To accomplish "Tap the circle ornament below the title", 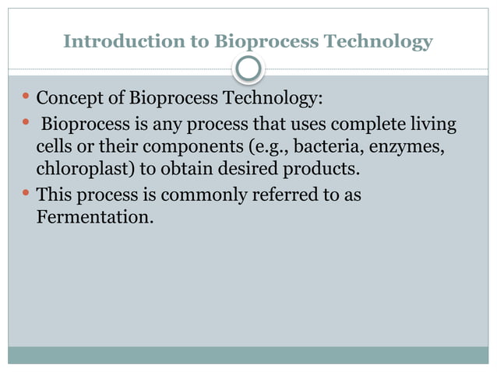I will click(248, 69).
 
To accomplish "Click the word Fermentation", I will click(94, 217).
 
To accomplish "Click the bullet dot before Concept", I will click(26, 99).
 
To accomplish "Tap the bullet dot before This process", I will click(26, 193).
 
